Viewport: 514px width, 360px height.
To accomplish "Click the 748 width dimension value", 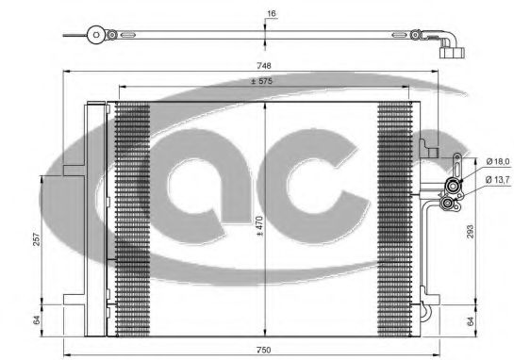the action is [x=264, y=66].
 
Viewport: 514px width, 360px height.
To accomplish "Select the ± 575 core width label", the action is [x=261, y=81].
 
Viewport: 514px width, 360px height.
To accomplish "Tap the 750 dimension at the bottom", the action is [x=264, y=350].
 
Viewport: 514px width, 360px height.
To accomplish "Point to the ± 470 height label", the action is [x=259, y=226].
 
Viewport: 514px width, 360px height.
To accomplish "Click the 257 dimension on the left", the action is [x=37, y=239].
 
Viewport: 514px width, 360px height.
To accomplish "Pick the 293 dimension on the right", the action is [x=471, y=231].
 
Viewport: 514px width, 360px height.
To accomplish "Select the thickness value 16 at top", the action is [x=271, y=13].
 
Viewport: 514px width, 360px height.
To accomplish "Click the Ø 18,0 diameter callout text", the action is [x=498, y=161].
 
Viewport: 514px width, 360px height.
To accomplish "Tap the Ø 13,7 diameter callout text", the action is [x=498, y=179].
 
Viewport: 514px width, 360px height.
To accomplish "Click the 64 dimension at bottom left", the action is [x=37, y=319].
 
